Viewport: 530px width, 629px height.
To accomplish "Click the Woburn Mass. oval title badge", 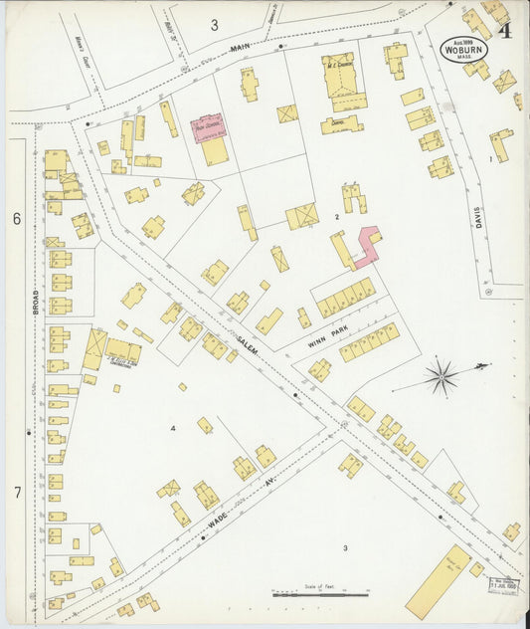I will point(464,48).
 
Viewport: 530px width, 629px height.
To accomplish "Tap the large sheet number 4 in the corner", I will point(505,30).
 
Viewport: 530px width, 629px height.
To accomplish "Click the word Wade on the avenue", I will point(218,519).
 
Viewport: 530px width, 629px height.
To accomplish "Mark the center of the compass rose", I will point(442,377).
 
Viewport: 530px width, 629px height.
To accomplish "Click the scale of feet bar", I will point(319,595).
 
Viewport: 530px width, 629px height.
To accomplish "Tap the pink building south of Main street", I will point(209,126).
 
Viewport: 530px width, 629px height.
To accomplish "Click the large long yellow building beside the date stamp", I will point(439,580).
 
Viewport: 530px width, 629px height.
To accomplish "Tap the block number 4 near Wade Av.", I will point(173,429).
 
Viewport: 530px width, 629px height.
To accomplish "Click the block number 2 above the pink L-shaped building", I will point(338,216).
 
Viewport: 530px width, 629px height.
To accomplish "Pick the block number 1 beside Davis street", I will point(490,158).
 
